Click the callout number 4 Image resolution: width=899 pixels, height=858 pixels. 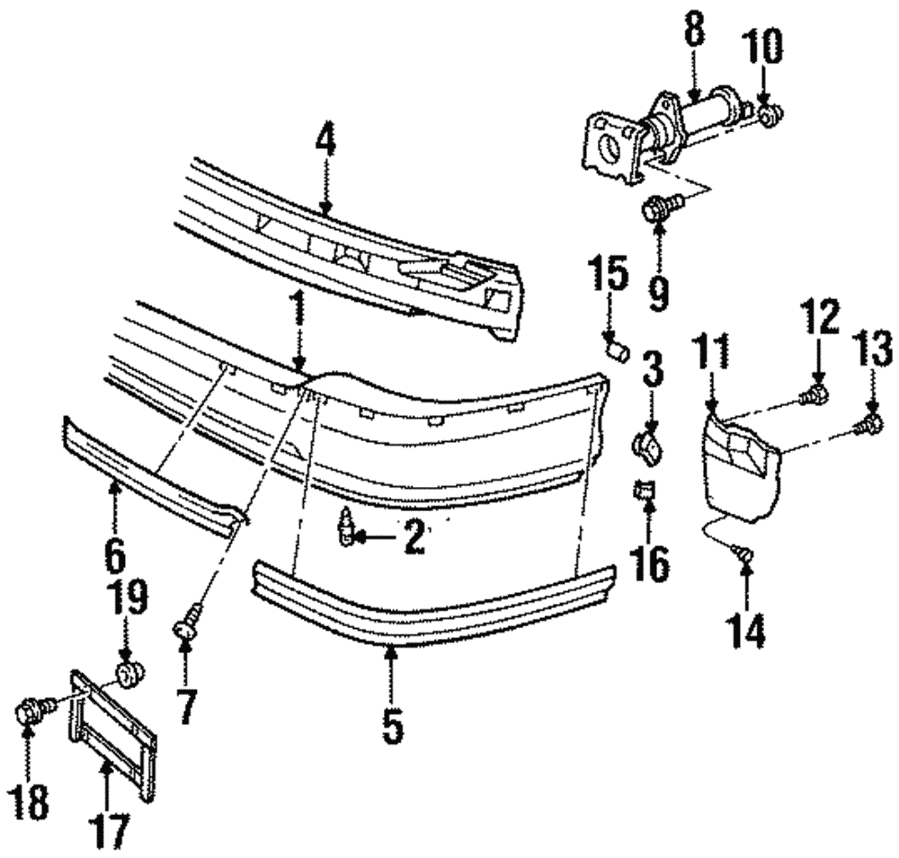click(325, 141)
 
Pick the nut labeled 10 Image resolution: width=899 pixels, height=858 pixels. click(770, 115)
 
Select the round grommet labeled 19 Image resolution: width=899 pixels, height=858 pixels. click(129, 673)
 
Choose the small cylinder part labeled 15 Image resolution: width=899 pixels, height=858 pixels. click(615, 346)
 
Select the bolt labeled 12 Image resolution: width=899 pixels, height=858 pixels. click(816, 393)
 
